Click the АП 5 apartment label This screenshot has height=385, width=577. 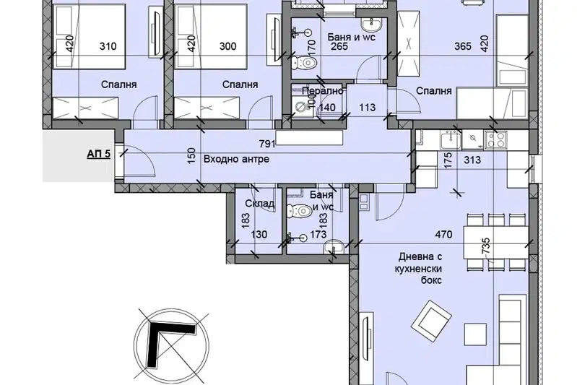point(99,153)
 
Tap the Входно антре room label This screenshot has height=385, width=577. point(236,160)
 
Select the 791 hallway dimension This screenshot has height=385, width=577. point(267,144)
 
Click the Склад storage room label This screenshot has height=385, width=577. point(260,203)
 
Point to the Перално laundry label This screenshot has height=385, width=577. point(323,90)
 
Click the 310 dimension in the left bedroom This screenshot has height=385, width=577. point(108,46)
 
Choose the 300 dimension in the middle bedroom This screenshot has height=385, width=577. point(228,46)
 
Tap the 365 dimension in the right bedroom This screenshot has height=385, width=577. point(463,46)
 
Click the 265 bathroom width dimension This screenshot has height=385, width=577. point(339,46)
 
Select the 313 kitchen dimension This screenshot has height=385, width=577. point(472,160)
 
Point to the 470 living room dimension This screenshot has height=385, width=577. point(444,234)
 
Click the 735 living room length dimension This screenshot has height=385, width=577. point(486,246)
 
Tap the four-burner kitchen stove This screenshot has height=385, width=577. point(495,139)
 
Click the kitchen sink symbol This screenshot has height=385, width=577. point(451,140)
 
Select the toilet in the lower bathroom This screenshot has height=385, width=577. point(300,211)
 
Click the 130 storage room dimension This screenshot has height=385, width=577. point(259,234)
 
